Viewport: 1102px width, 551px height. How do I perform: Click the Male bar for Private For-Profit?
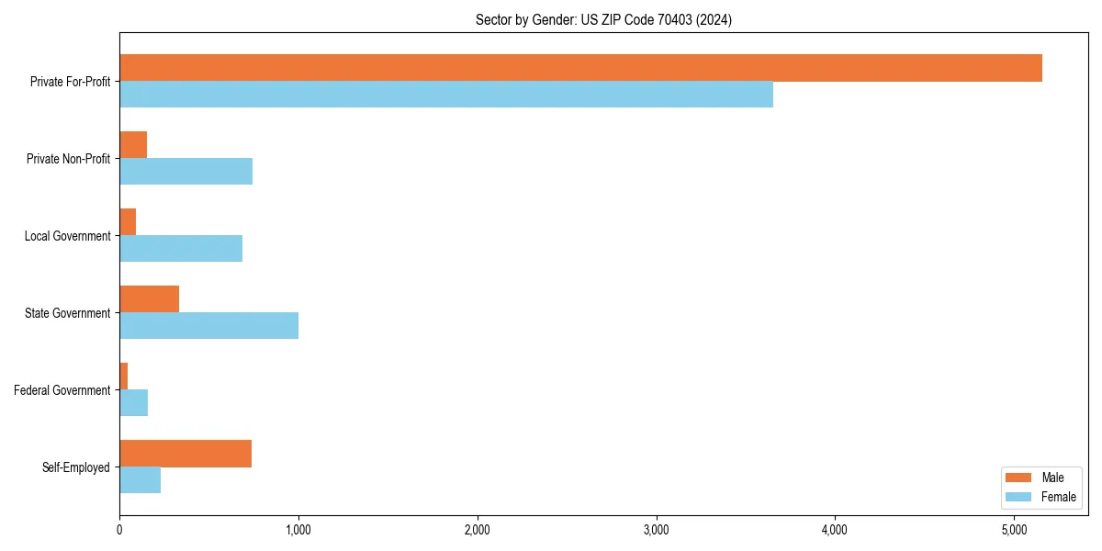pyautogui.click(x=580, y=68)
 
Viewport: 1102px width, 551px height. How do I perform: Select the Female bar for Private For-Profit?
pyautogui.click(x=446, y=95)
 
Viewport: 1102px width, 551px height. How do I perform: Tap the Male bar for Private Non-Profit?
pyautogui.click(x=133, y=145)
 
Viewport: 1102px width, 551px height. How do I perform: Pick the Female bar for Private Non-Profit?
pyautogui.click(x=186, y=172)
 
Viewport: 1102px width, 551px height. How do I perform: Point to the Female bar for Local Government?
pyautogui.click(x=181, y=249)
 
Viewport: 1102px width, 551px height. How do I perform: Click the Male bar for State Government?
pyautogui.click(x=149, y=299)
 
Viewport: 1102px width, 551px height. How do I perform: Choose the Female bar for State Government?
pyautogui.click(x=208, y=326)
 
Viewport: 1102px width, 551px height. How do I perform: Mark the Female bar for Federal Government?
pyautogui.click(x=133, y=403)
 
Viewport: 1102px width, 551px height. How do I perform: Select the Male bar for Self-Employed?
pyautogui.click(x=186, y=454)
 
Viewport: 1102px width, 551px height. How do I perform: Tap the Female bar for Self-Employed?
pyautogui.click(x=140, y=480)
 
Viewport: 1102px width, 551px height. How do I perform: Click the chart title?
pyautogui.click(x=603, y=19)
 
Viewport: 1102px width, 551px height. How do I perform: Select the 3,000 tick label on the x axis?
pyautogui.click(x=656, y=530)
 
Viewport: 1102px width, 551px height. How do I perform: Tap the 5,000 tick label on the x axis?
pyautogui.click(x=1013, y=530)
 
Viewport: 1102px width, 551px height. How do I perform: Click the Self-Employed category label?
pyautogui.click(x=76, y=467)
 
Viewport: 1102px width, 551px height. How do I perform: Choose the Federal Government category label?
pyautogui.click(x=62, y=390)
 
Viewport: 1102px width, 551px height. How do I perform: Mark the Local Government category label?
pyautogui.click(x=68, y=236)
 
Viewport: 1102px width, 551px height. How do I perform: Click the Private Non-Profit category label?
pyautogui.click(x=69, y=159)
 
